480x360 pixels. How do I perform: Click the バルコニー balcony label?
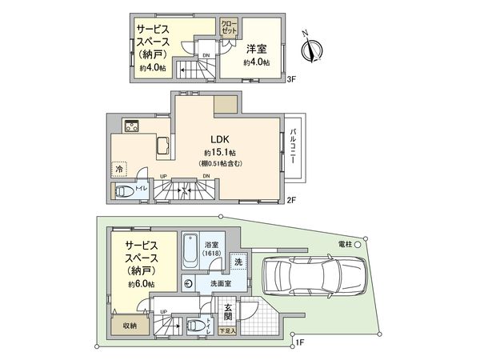point(294,147)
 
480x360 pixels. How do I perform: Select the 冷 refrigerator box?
point(119,170)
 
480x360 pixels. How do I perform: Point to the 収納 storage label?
point(129,326)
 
